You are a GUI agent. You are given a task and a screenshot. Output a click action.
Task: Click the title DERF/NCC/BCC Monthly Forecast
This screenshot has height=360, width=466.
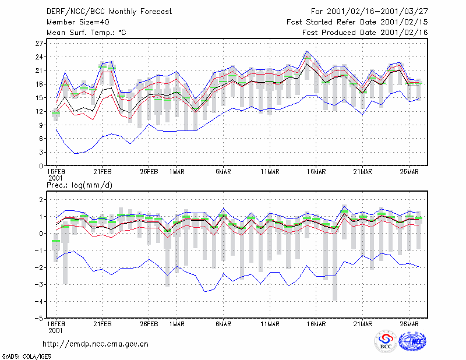[x=109, y=12]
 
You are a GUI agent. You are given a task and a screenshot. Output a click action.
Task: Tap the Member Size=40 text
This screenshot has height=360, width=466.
[x=78, y=22]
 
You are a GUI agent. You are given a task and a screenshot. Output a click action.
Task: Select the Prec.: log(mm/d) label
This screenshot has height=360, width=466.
[x=79, y=185]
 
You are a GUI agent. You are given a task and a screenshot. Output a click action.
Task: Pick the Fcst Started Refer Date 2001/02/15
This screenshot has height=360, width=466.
[x=357, y=22]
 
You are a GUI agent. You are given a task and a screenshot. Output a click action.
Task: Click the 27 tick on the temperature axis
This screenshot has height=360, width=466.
[x=39, y=44]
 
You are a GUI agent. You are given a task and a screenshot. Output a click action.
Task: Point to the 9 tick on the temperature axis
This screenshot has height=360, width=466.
[x=41, y=125]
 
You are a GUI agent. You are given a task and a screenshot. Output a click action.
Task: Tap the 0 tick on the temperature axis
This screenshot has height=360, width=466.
[x=41, y=166]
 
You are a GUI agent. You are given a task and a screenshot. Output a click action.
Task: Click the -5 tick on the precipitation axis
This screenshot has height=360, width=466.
[x=39, y=319]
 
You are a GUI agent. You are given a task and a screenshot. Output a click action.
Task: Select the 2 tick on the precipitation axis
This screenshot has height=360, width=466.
[x=41, y=200]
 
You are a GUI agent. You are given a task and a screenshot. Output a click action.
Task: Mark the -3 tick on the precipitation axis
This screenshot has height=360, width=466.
[x=39, y=284]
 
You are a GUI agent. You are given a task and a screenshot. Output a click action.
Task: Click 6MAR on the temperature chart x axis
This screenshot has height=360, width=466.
[x=223, y=172]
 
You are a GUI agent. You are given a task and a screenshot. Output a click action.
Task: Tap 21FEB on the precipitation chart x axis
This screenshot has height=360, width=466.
[x=103, y=324]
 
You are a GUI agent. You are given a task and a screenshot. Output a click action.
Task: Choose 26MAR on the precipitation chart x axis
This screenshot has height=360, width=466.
[x=409, y=324]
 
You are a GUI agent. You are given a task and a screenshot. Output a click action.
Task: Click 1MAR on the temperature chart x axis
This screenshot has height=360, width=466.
[x=177, y=172]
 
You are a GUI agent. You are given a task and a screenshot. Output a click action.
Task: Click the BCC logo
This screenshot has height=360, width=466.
[x=386, y=341]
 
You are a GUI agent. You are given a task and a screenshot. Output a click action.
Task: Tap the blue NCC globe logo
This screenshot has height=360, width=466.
[x=412, y=341]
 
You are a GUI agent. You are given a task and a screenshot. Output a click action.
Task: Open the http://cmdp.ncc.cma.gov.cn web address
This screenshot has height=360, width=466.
[x=96, y=344]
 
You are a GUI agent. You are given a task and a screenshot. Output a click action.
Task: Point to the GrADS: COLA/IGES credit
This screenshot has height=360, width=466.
[x=27, y=357]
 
